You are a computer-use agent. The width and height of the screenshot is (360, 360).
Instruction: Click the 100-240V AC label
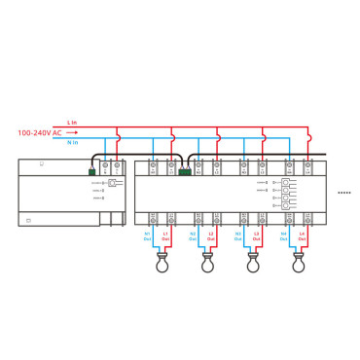39,132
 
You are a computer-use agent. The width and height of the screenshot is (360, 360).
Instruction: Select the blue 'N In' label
73,142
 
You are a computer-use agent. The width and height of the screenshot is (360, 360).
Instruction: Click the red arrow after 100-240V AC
73,132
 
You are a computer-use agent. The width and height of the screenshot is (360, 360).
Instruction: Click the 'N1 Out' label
148,235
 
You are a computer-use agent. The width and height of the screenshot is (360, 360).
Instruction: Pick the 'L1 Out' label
165,235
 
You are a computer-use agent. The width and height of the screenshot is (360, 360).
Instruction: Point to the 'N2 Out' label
193,235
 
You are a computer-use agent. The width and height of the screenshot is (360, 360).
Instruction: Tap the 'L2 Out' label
211,235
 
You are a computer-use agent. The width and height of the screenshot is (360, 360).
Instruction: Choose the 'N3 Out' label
238,235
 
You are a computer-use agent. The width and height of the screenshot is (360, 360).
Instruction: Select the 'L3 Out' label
256,235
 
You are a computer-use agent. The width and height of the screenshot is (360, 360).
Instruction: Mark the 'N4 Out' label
284,235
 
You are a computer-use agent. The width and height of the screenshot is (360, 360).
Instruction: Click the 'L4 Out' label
302,235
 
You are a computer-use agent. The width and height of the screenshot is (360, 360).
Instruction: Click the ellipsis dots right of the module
343,193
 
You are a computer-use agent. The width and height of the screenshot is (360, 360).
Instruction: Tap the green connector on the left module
91,172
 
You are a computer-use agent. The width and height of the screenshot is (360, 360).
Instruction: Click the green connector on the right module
184,172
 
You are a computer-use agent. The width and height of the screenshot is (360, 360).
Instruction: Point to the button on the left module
113,183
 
